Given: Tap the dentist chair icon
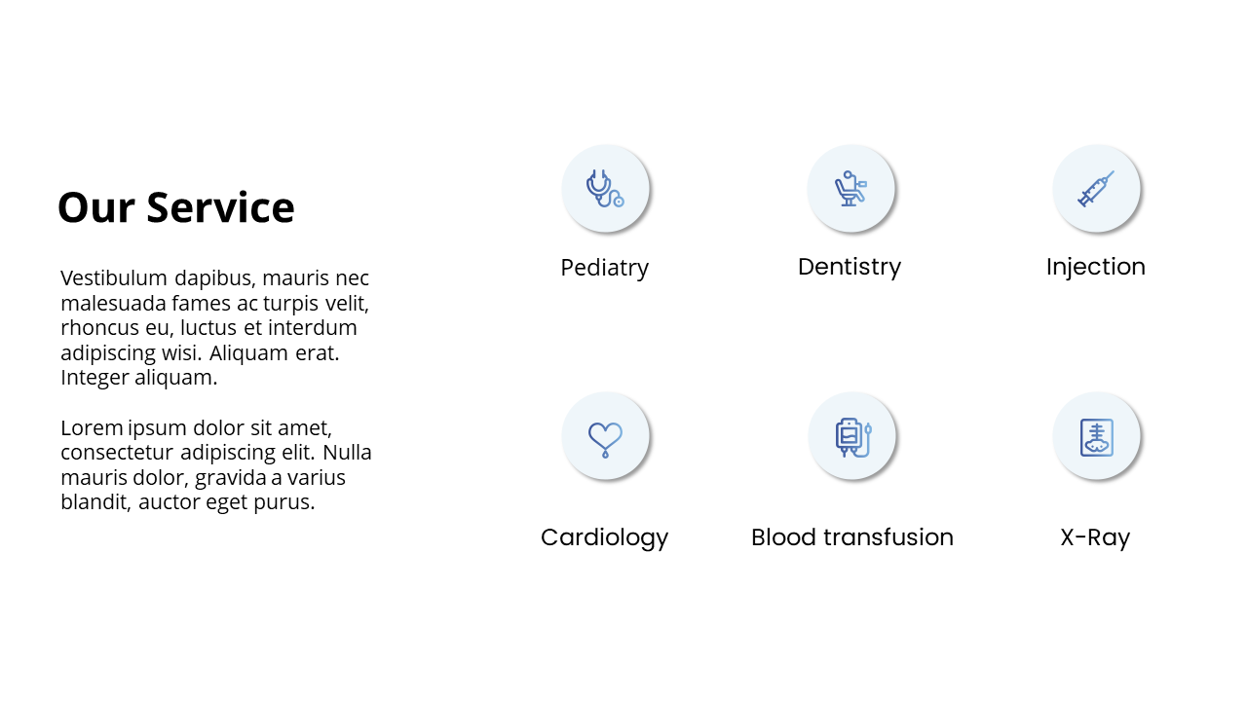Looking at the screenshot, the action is [850, 189].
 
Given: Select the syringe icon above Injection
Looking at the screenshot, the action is [1096, 189].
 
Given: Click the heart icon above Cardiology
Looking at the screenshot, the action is [605, 439].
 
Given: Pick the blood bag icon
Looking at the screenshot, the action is [852, 437].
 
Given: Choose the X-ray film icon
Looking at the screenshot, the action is [1097, 437].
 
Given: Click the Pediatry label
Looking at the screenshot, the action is [605, 268].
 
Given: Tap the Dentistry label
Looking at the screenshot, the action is [850, 268].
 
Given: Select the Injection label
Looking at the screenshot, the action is [1096, 267].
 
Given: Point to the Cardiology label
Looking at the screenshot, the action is [605, 538].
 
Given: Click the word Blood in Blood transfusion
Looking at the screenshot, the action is [784, 536].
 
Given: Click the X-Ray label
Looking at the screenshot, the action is [1095, 538].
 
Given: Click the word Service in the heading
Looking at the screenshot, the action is [220, 207].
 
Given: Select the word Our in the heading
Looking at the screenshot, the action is [96, 207].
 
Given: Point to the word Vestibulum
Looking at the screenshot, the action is [114, 277].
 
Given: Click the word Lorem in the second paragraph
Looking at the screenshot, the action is [92, 427].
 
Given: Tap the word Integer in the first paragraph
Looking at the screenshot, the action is [94, 379].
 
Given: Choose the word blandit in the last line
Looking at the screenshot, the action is [95, 501].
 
